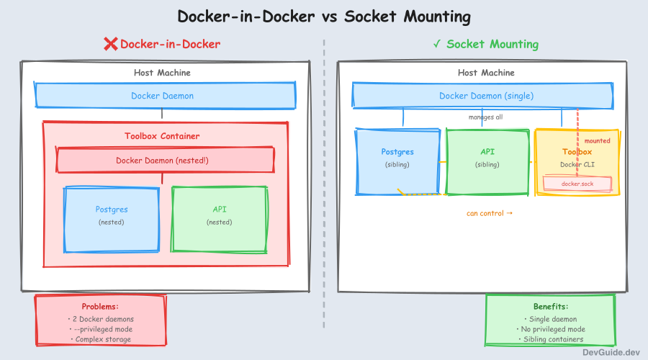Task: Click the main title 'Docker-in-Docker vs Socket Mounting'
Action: (x=323, y=17)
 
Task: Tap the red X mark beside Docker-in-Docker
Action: (x=110, y=45)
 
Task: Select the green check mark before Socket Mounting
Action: (x=437, y=45)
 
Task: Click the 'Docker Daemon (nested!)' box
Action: (x=165, y=160)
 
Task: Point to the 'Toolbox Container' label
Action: (x=162, y=136)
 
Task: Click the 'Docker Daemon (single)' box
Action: (x=486, y=96)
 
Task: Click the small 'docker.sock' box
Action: (x=577, y=184)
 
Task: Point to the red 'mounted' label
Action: (x=597, y=141)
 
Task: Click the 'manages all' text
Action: (x=486, y=117)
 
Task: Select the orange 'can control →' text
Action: (x=490, y=213)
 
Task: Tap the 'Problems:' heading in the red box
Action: (x=99, y=307)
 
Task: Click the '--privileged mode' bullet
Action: (x=101, y=328)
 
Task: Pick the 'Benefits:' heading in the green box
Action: (x=551, y=307)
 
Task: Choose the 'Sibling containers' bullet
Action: (x=552, y=339)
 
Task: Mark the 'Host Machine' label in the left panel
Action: (x=162, y=73)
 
